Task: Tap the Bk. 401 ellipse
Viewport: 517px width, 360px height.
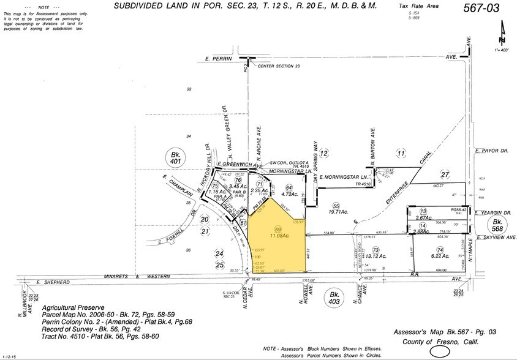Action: pyautogui.click(x=176, y=156)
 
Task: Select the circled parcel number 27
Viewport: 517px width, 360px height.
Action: pyautogui.click(x=445, y=175)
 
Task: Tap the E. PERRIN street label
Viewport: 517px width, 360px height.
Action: pyautogui.click(x=215, y=59)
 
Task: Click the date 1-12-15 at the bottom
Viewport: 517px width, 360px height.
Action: pyautogui.click(x=10, y=356)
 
